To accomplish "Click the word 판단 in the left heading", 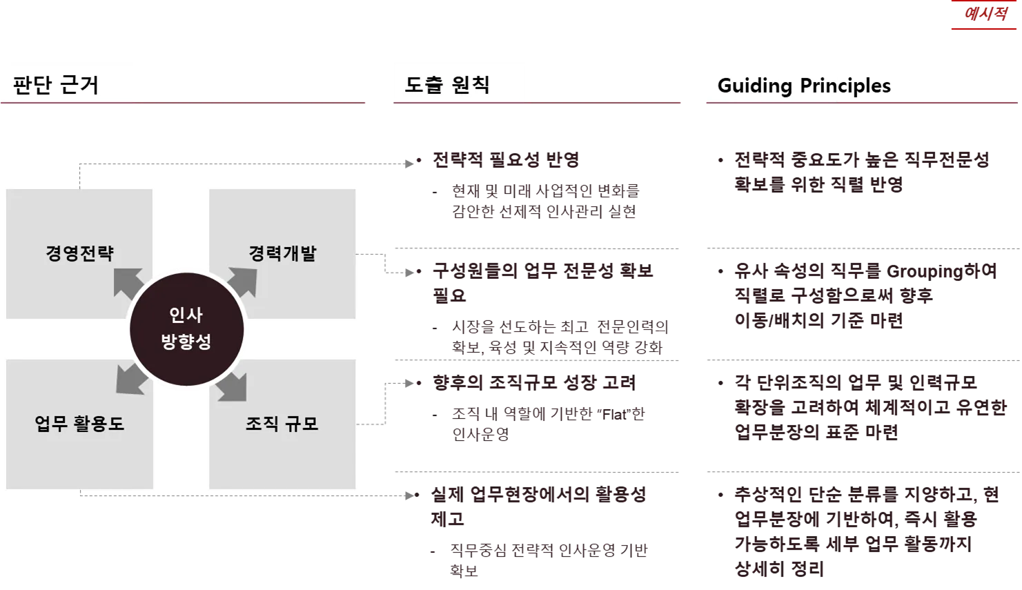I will pos(32,85).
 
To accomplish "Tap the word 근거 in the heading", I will pos(80,85).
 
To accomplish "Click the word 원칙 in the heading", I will pos(471,84).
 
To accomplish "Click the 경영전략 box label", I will pos(79,253).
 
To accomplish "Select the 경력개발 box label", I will pos(282,253).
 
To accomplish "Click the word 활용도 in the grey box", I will pos(101,423).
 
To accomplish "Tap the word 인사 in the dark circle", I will pos(186,315).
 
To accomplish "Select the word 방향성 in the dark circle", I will pos(186,342).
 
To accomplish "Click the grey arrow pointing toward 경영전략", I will pos(128,284).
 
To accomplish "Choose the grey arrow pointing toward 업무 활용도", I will pos(130,377).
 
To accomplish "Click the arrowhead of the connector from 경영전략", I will pos(409,163).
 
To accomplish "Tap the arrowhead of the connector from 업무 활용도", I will pos(409,494).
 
